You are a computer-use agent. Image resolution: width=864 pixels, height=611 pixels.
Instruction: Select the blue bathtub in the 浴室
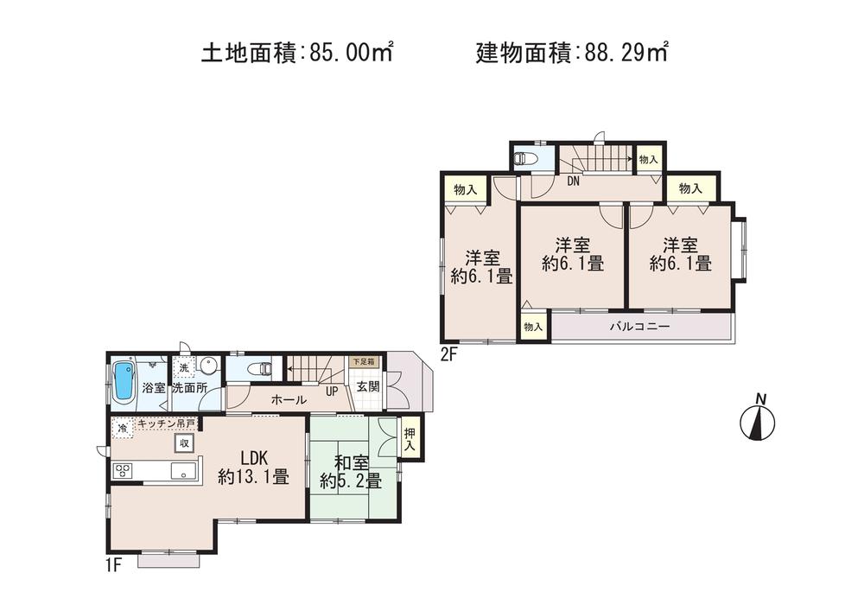click(x=124, y=381)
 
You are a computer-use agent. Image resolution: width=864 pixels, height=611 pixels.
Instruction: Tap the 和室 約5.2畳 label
click(x=350, y=470)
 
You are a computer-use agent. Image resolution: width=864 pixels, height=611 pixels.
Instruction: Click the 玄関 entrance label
click(x=368, y=386)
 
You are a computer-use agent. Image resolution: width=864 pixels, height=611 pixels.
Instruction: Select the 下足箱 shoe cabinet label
click(x=362, y=362)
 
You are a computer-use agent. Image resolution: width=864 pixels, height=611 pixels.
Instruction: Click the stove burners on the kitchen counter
click(x=123, y=470)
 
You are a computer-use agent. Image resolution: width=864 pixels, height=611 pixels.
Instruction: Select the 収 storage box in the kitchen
click(x=184, y=442)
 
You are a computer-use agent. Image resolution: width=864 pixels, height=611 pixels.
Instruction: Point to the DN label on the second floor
click(x=573, y=181)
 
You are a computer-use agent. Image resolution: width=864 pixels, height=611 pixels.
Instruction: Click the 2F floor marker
click(x=449, y=353)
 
